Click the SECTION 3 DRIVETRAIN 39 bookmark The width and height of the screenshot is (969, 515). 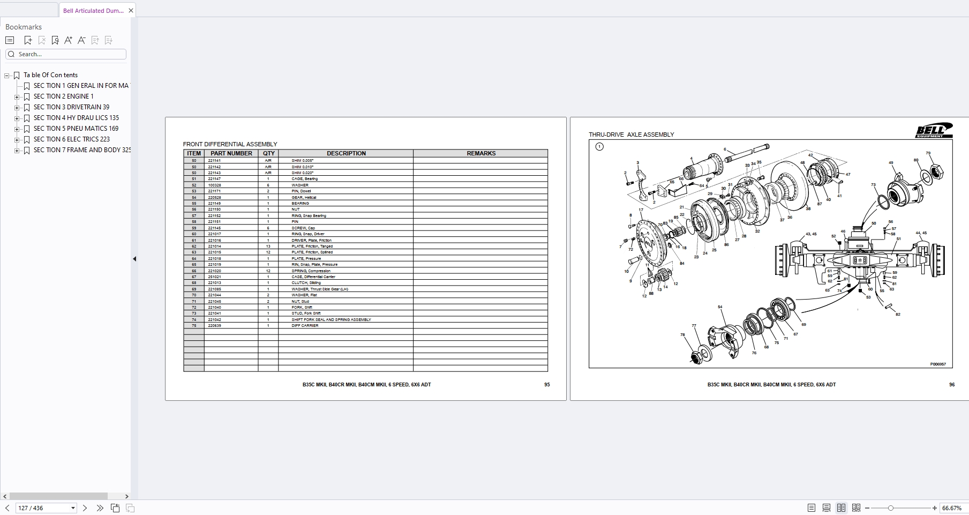tap(71, 107)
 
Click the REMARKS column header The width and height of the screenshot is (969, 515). tap(480, 153)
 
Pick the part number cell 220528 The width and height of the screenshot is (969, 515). tap(214, 197)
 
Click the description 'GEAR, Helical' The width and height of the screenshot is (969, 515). tap(304, 197)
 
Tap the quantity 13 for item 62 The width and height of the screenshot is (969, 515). tap(268, 247)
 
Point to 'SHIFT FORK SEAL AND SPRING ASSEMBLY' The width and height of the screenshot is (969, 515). tap(331, 319)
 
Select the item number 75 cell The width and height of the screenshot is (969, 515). tap(194, 325)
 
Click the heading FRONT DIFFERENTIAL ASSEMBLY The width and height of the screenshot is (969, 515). tap(230, 144)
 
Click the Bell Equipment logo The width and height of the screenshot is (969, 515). tap(934, 130)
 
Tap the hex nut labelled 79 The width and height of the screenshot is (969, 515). tap(937, 172)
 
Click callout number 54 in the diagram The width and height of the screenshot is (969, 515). tap(720, 307)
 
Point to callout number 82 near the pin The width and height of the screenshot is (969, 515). tap(898, 314)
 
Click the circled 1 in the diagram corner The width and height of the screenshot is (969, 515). tap(599, 146)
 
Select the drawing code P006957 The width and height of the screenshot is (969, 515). tap(937, 364)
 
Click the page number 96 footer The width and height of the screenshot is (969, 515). tap(951, 385)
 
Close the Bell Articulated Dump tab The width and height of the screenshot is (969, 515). tap(131, 10)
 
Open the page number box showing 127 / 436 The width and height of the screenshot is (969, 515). tap(46, 507)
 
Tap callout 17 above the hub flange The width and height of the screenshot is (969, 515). tap(641, 211)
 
